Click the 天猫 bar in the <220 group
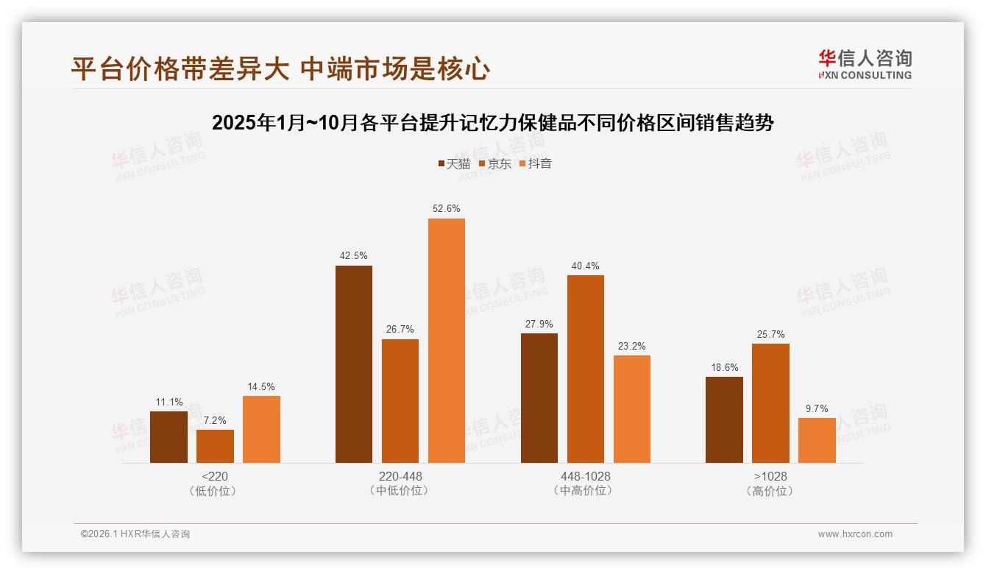169,437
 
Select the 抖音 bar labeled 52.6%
447,341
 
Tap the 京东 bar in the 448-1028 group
586,369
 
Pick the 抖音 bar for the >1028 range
817,440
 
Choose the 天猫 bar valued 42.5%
354,364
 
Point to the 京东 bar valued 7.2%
215,446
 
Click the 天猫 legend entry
453,163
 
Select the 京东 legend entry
494,163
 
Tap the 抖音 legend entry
535,163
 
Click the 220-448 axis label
400,476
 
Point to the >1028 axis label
770,476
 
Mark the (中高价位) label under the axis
585,491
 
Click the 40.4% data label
585,266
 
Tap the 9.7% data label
817,408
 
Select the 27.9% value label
539,324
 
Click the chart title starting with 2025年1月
492,123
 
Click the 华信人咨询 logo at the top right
865,64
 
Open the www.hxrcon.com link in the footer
855,534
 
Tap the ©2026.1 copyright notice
135,534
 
